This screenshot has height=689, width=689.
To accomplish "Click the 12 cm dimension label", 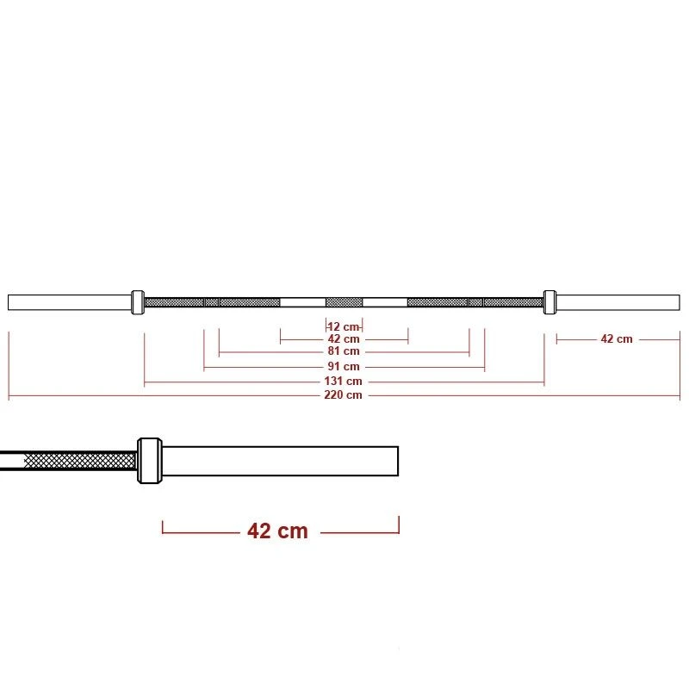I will point(344,327).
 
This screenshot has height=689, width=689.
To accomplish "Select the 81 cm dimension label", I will point(344,351).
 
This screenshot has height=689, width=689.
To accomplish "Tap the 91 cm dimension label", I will point(344,366).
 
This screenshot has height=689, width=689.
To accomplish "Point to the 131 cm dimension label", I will point(344,381).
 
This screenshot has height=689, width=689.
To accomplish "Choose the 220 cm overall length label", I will point(344,394).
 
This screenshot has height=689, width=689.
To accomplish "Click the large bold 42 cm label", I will point(277,531).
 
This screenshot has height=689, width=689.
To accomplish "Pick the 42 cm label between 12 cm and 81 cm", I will point(344,339).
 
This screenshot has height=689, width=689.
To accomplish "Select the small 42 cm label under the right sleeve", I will point(617,339).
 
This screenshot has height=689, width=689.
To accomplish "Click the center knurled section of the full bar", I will point(344,302).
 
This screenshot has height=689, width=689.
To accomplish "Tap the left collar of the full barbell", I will point(137,302).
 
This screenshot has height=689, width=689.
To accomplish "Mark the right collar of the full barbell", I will point(549,302).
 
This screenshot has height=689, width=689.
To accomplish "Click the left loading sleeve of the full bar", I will point(69,302).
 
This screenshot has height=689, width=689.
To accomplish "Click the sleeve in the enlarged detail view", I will point(280,461).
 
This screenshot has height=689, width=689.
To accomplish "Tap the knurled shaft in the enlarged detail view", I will point(78,461).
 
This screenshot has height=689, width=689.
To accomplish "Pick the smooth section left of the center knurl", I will point(303,302).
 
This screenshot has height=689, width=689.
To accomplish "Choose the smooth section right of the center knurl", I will point(384,302).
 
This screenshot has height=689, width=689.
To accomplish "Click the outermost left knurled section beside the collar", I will point(174,302).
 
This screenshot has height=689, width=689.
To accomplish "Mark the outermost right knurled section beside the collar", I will point(512,302).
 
